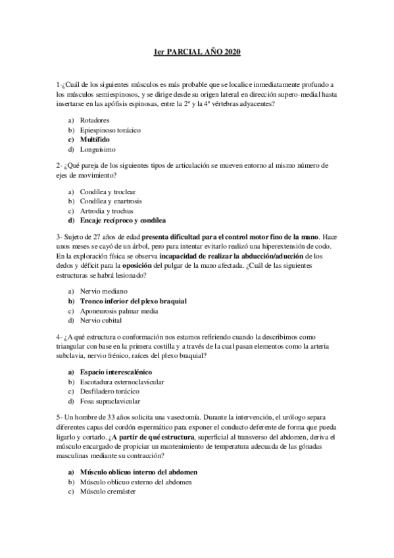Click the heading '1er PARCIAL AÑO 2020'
coord(197,52)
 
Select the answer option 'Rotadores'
coord(94,120)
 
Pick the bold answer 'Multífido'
coord(95,139)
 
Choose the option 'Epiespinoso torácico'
coord(111,130)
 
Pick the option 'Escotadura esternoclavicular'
coord(122,382)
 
